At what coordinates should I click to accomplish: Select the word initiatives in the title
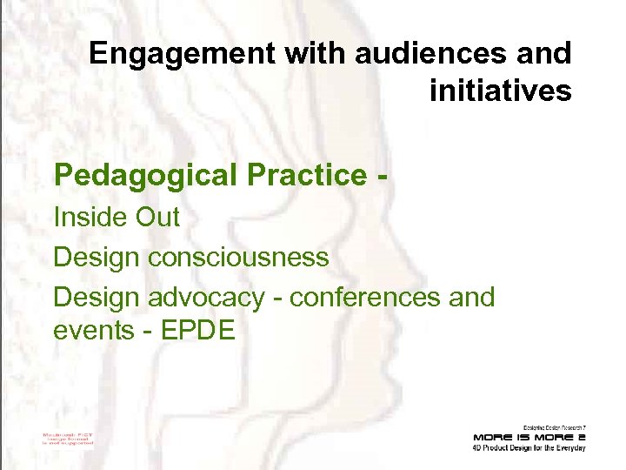click(500, 90)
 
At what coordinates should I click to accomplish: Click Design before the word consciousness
click(97, 257)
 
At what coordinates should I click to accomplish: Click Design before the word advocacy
click(97, 297)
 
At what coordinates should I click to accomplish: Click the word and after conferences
click(470, 297)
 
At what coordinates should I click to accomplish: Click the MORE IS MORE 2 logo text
click(529, 436)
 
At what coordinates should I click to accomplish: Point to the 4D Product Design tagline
click(529, 447)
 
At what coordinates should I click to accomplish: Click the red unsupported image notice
click(68, 437)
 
